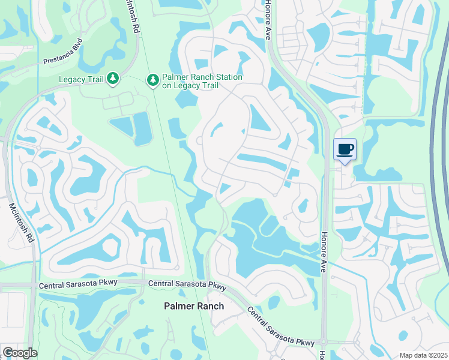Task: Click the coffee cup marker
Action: pos(345,149)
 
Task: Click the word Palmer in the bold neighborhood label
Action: pos(179,306)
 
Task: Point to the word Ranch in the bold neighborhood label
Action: pos(210,306)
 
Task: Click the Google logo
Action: pos(19,353)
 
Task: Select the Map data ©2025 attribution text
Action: pos(423,355)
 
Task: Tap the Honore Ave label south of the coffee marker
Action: pos(323,252)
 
